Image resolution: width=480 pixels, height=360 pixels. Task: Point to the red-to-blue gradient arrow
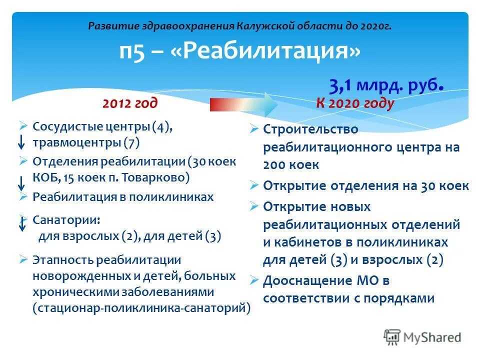(243, 104)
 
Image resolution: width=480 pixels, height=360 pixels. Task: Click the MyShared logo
(422, 337)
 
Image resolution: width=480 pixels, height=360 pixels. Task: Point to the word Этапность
(63, 260)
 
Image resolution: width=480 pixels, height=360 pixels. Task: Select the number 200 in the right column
(274, 164)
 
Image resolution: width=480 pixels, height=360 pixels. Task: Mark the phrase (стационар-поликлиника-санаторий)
(141, 307)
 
